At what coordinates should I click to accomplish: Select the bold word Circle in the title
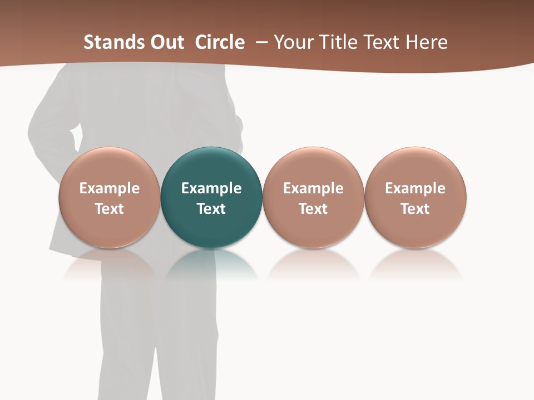(x=220, y=42)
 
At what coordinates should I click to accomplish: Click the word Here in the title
(x=427, y=42)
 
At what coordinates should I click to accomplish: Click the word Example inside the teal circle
(x=211, y=188)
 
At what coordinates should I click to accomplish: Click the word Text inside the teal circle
(x=211, y=209)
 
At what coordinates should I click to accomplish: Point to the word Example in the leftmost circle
(x=109, y=188)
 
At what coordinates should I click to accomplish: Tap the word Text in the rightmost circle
(x=416, y=209)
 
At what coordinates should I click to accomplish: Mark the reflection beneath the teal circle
(x=211, y=264)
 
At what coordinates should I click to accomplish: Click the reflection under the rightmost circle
(x=416, y=264)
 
